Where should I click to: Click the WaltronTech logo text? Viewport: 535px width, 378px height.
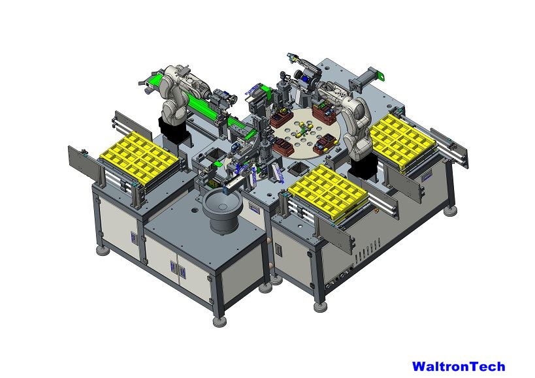[x=459, y=366]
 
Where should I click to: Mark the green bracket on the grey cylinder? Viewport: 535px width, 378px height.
[x=380, y=75]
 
